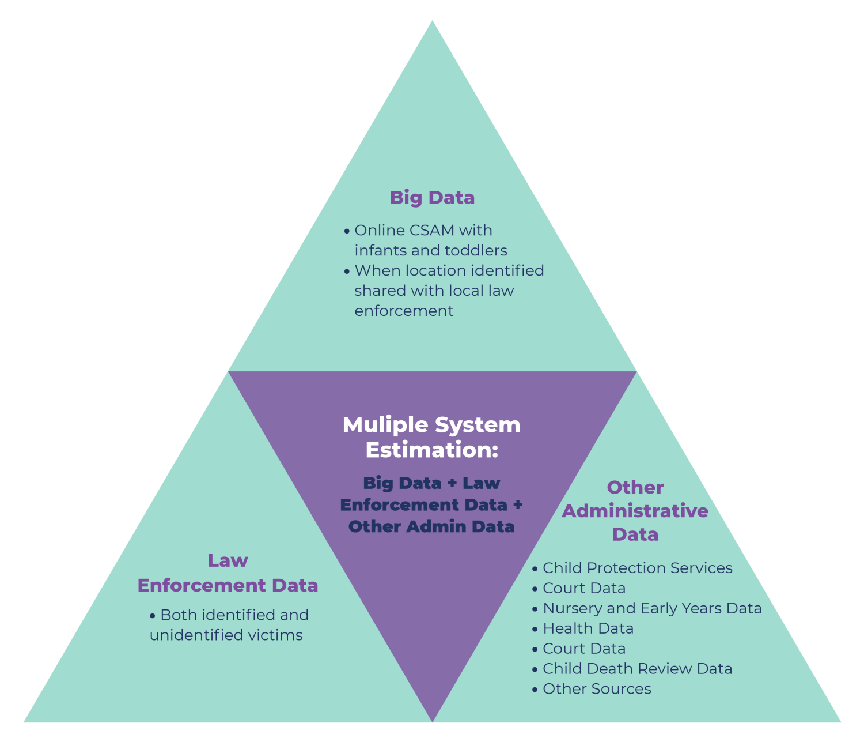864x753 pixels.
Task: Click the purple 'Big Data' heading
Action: click(432, 198)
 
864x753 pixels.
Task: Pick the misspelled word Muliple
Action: click(385, 426)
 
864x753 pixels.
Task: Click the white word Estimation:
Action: click(431, 450)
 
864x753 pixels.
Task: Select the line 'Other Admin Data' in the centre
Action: click(431, 526)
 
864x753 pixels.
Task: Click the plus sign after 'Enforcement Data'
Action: click(518, 504)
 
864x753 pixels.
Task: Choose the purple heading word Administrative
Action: click(635, 511)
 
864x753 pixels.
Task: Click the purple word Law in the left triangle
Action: click(228, 560)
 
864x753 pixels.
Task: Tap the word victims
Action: click(275, 635)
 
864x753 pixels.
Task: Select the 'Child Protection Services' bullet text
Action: click(637, 568)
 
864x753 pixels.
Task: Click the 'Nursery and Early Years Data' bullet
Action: click(652, 609)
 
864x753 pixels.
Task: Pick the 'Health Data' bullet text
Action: click(588, 629)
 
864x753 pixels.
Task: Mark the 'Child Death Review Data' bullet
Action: click(637, 669)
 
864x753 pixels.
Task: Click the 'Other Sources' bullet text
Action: click(597, 690)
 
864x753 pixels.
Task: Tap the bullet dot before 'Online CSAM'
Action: click(347, 231)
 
